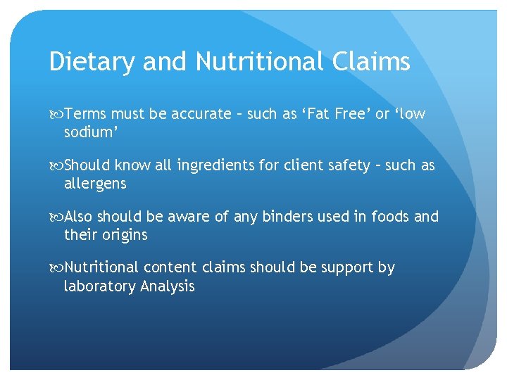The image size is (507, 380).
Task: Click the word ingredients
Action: pos(215,166)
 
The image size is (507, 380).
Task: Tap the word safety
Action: pos(344,166)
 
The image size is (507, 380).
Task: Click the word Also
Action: pos(80,217)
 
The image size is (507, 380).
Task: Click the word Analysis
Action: pos(168,286)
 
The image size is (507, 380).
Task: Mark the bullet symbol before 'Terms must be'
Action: pos(56,115)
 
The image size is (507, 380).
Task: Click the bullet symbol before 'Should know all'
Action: pos(56,167)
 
